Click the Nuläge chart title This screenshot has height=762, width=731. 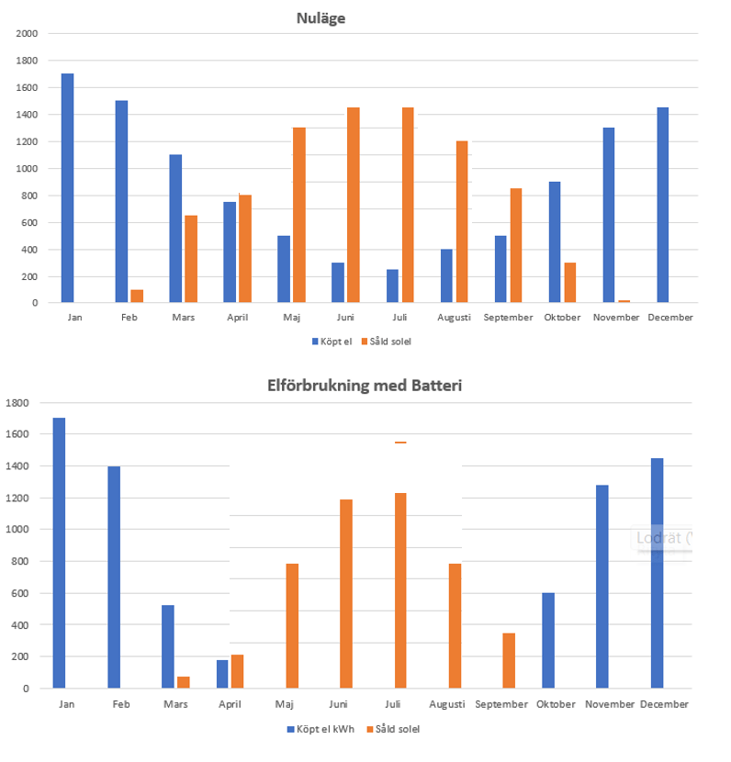tap(321, 18)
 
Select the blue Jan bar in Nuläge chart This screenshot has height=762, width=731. tap(68, 188)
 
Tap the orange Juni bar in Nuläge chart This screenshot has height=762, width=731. tap(354, 205)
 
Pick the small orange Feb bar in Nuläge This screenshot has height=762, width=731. tap(137, 296)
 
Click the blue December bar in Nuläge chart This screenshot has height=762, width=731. tap(663, 205)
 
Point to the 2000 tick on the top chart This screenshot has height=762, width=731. tap(27, 34)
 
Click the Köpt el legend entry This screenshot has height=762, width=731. tap(332, 342)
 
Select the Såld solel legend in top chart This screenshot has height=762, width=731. tap(387, 342)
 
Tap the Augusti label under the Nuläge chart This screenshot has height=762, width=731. tap(454, 318)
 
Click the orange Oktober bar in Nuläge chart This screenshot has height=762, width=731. tap(570, 283)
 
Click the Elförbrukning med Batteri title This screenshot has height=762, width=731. tap(365, 386)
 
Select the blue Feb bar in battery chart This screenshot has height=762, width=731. tap(114, 577)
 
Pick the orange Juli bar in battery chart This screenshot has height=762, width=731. tap(400, 590)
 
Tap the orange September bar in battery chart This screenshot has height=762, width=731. tap(509, 660)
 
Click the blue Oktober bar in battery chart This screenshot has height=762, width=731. tap(548, 641)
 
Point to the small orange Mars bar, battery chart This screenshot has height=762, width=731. tap(184, 682)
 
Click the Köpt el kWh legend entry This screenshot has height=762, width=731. tap(321, 729)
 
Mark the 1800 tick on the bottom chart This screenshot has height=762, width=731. tap(17, 403)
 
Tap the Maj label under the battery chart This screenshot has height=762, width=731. tap(285, 704)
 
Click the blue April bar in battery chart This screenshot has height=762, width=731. tap(222, 674)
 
